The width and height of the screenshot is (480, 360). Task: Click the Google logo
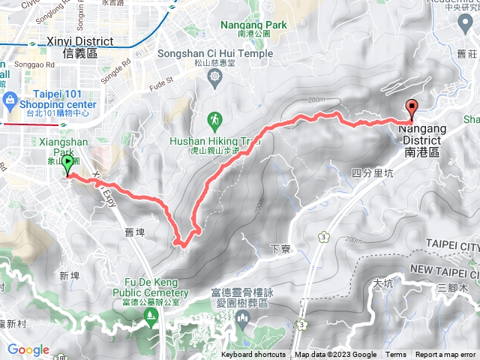(28, 349)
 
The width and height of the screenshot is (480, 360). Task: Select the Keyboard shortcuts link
(253, 355)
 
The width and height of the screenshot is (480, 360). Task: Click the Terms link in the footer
(396, 355)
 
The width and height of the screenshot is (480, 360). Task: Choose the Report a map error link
(447, 355)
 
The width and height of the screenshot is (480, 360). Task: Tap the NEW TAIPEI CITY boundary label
(444, 268)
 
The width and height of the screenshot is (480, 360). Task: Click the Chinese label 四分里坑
(373, 173)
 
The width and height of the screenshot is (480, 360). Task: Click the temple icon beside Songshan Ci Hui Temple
(216, 76)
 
